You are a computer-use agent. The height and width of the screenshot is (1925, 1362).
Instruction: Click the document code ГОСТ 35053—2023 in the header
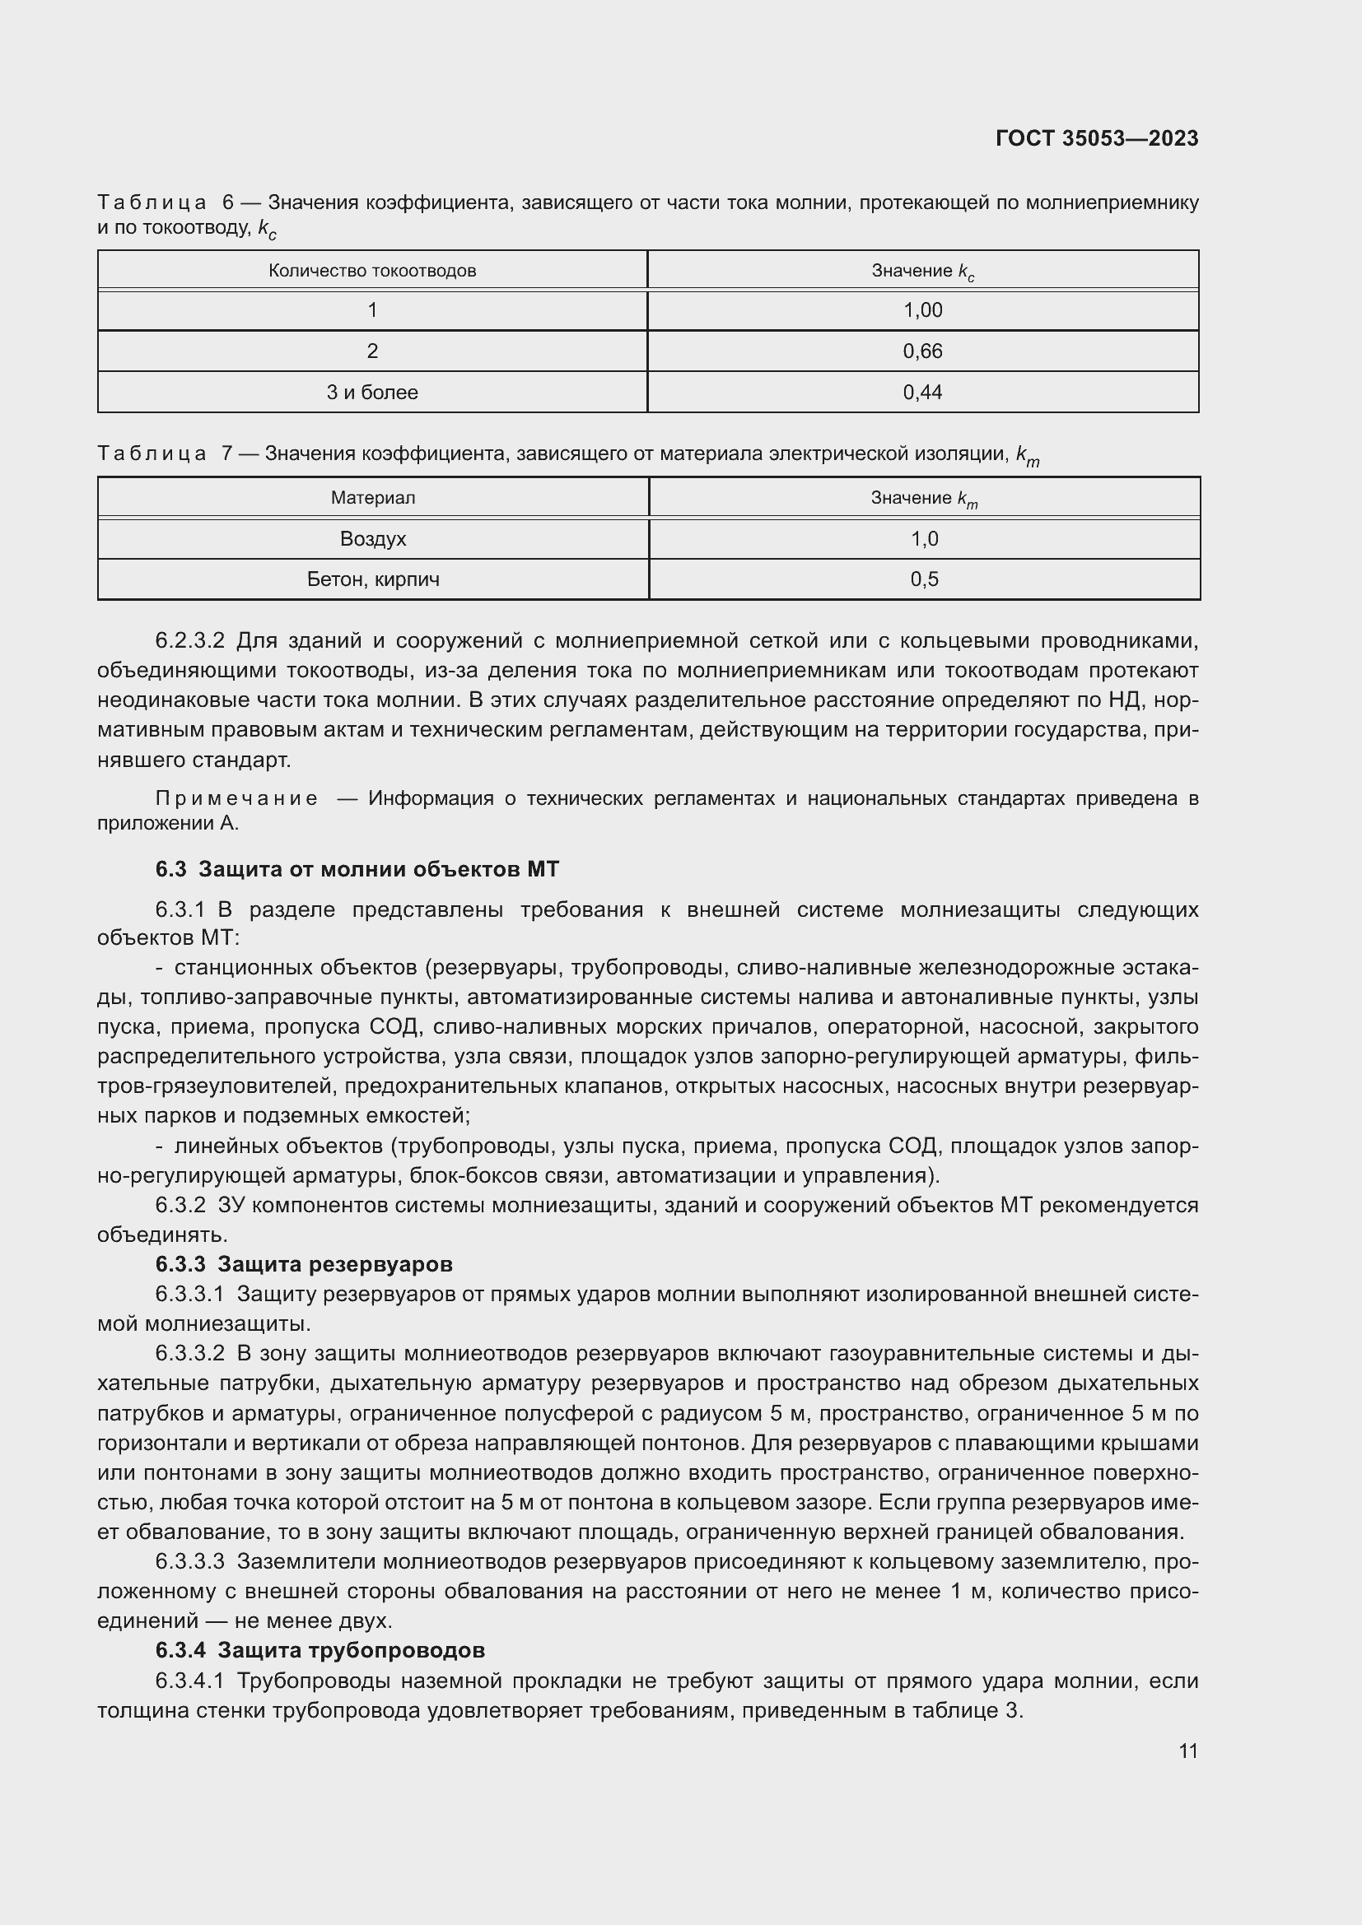(1096, 138)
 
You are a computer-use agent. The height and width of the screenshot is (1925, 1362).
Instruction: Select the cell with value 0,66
(922, 351)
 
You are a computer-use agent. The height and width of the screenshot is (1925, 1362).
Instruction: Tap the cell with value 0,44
(922, 393)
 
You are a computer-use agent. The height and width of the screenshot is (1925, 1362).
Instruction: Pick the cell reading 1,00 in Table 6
(922, 310)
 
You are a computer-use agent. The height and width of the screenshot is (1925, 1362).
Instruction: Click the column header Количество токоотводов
(372, 271)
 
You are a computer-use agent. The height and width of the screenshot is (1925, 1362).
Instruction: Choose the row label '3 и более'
(372, 393)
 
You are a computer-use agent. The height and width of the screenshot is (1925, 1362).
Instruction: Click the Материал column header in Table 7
(372, 498)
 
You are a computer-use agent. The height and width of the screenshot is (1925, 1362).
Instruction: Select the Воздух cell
(372, 539)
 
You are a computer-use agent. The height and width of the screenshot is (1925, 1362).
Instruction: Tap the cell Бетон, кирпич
(372, 579)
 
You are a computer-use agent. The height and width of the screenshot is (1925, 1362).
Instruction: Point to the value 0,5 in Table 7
(924, 579)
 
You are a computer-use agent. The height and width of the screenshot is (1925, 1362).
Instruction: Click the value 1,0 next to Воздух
(924, 539)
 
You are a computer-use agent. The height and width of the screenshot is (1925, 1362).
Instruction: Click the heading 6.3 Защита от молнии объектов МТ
(357, 869)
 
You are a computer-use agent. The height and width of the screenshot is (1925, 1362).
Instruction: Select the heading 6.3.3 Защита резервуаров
(304, 1264)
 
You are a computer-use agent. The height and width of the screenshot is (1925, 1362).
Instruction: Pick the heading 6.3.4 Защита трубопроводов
(320, 1650)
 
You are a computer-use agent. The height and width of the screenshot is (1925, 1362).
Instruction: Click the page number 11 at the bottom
(1187, 1751)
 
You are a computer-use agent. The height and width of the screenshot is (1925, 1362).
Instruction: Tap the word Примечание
(236, 798)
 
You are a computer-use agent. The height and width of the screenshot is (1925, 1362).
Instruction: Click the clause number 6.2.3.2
(189, 641)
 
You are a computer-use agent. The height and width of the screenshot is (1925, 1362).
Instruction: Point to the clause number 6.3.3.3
(189, 1562)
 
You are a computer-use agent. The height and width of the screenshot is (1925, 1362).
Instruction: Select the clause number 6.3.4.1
(189, 1681)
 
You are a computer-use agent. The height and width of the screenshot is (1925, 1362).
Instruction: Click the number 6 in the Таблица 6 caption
(228, 203)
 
